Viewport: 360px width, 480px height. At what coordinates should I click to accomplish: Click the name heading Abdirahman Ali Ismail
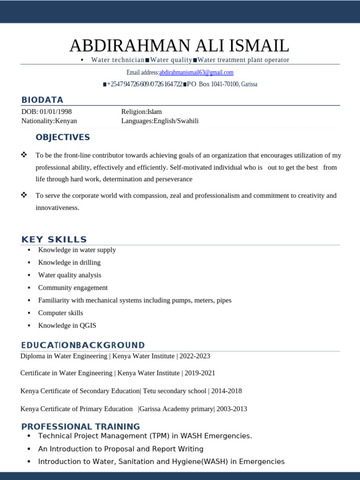(180, 45)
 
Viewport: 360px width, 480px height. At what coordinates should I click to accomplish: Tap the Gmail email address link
(196, 73)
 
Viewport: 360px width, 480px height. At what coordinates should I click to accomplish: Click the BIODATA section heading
(42, 100)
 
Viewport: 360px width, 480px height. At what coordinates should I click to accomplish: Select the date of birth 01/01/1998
(56, 112)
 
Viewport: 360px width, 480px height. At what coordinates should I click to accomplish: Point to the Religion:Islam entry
(141, 112)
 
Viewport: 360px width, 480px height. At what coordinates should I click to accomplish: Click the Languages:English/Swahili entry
(160, 121)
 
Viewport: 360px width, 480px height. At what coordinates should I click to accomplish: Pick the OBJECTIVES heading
(63, 137)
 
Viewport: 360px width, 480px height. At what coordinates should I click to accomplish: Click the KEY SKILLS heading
(54, 240)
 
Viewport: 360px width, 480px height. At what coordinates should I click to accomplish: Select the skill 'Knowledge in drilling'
(69, 262)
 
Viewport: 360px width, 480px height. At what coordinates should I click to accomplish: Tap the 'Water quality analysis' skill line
(69, 275)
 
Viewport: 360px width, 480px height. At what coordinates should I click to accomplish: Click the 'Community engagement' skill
(73, 288)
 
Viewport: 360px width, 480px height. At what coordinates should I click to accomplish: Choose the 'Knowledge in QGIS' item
(67, 325)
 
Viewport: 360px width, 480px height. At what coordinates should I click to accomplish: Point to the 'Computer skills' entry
(60, 313)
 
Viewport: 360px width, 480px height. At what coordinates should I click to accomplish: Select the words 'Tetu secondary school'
(174, 391)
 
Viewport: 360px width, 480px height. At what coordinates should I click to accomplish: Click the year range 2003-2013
(232, 409)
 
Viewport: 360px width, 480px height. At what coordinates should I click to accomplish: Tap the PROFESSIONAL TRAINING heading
(81, 427)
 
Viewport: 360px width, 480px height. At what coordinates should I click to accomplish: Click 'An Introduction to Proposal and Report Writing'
(120, 449)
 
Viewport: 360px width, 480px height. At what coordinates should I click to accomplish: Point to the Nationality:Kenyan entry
(49, 121)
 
